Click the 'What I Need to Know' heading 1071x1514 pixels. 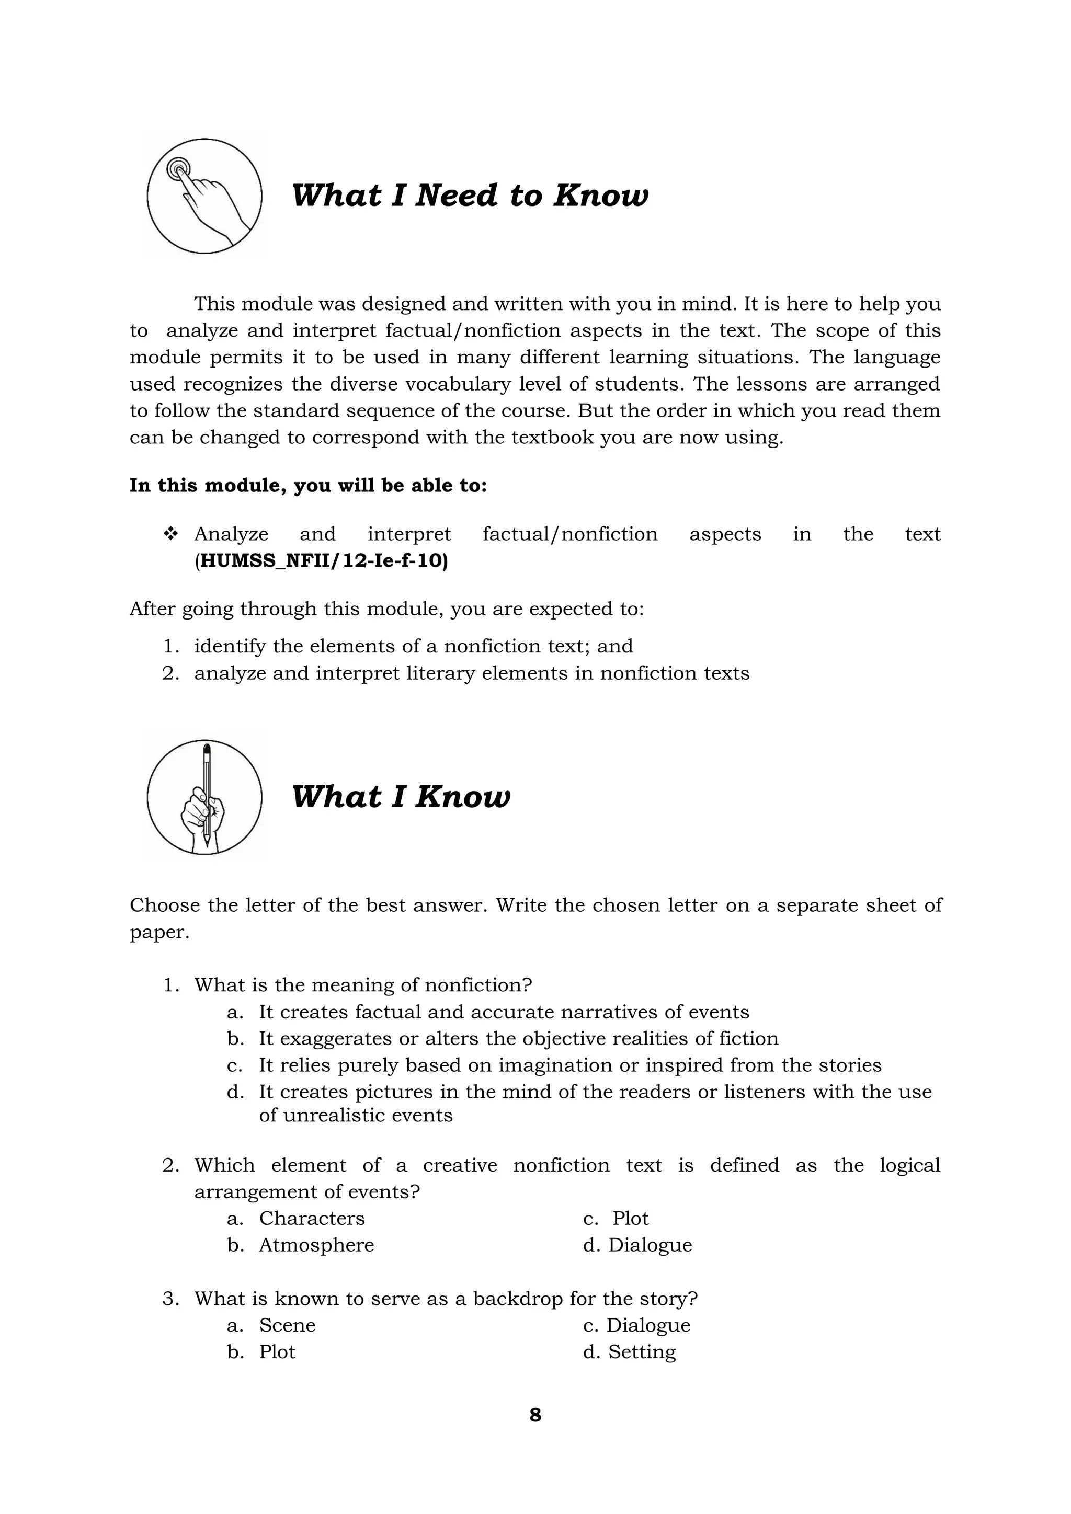click(470, 196)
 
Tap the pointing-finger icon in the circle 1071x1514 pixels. click(204, 197)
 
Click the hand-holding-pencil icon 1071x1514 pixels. click(204, 797)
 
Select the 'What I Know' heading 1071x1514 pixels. click(401, 797)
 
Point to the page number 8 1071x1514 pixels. click(535, 1415)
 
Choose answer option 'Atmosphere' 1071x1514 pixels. click(316, 1245)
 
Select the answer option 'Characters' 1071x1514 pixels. click(312, 1218)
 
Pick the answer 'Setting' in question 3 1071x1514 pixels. click(642, 1352)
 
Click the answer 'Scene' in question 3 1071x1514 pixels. click(288, 1325)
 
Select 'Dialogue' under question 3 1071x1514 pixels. click(648, 1325)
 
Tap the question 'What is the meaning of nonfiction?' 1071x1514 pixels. click(363, 985)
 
